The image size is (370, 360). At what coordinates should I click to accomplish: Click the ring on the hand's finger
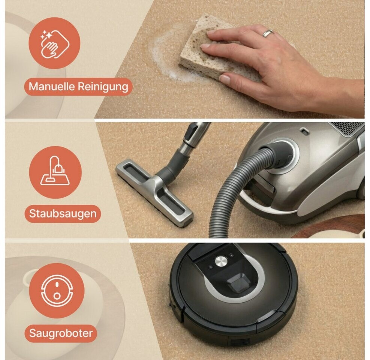268,33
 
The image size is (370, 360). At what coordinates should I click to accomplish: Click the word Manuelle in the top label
52,86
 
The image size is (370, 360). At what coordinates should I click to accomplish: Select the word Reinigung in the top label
103,87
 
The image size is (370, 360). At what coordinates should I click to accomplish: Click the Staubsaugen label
63,214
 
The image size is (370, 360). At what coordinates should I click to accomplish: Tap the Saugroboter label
61,333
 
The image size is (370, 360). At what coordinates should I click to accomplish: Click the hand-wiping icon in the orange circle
55,43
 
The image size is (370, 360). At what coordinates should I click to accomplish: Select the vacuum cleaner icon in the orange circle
55,171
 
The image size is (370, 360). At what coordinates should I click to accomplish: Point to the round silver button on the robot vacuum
221,261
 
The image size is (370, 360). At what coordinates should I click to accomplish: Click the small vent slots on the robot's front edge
240,342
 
